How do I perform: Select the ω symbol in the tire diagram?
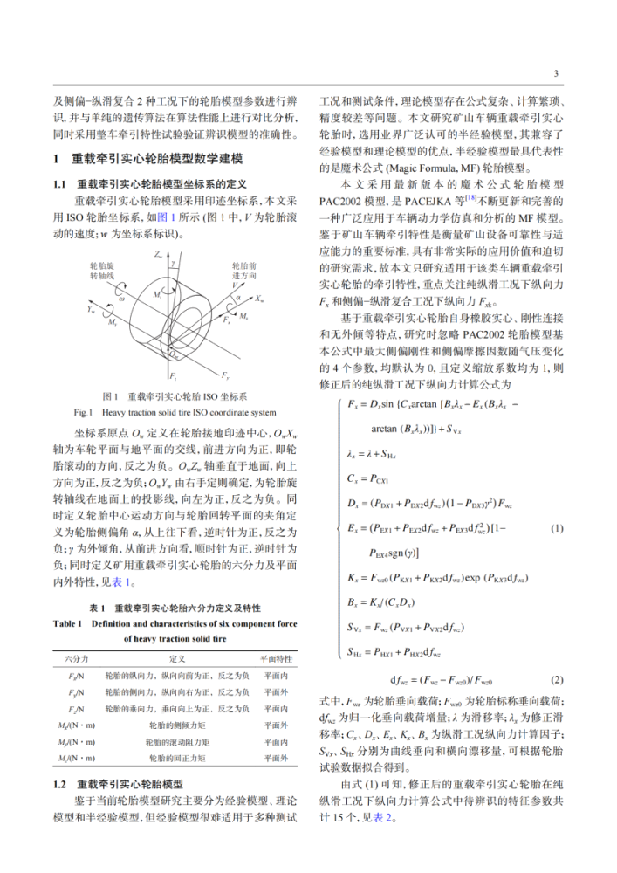click(x=121, y=299)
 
